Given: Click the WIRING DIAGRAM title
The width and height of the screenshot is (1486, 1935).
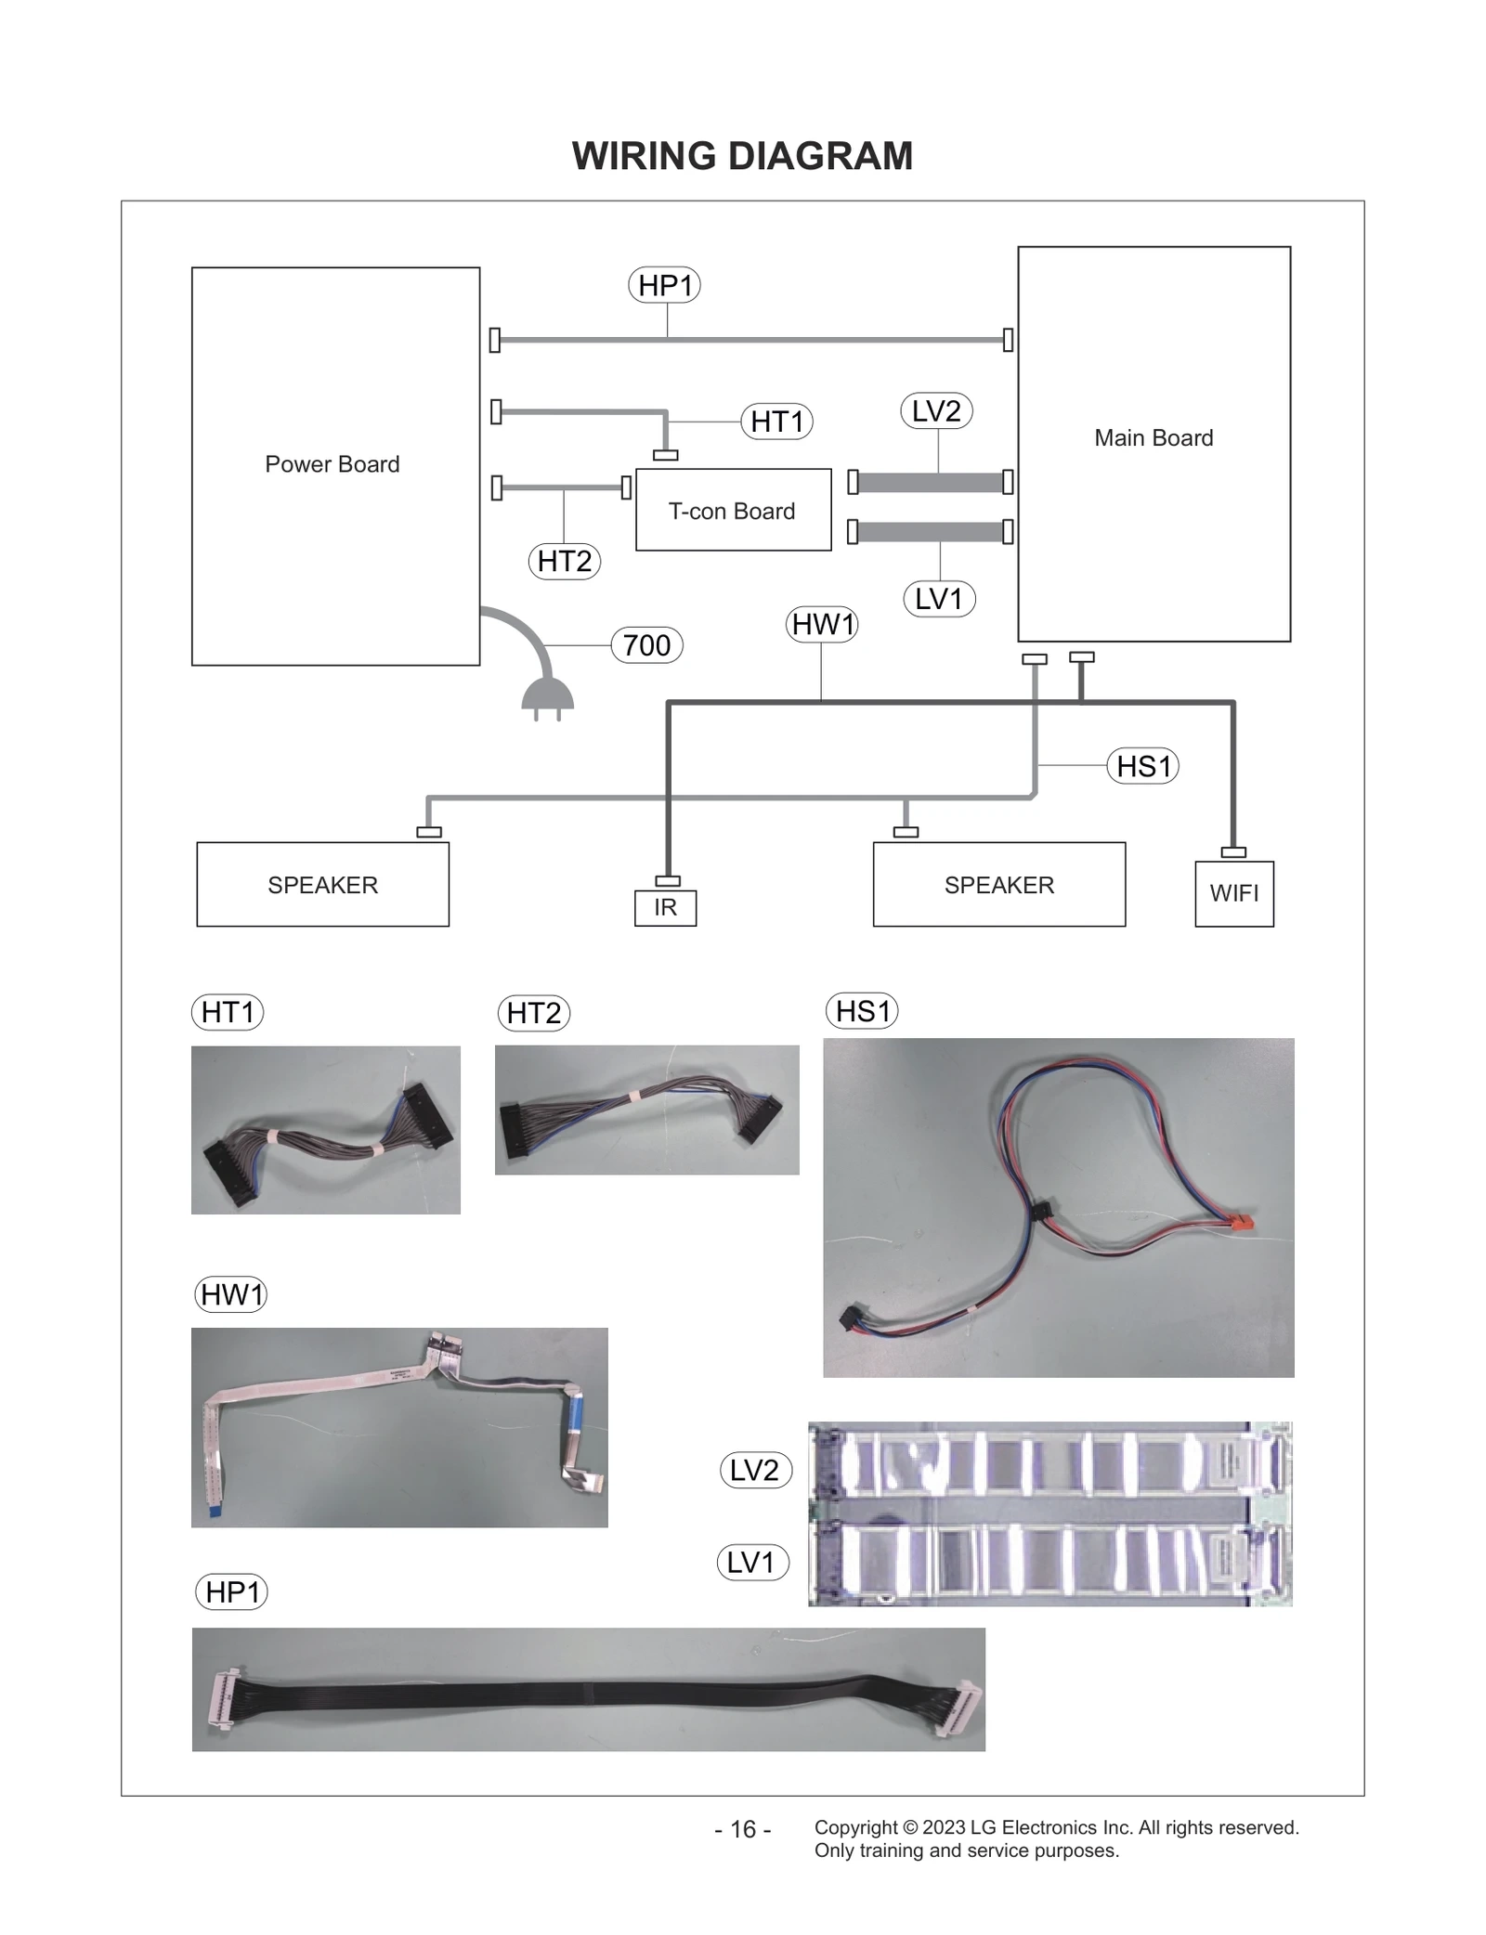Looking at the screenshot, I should [x=742, y=156].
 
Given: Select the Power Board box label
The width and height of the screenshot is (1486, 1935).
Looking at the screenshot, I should [x=332, y=464].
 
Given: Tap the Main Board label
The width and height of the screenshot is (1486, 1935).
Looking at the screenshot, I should [x=1153, y=438].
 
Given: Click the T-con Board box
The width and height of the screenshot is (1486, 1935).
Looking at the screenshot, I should [x=732, y=511].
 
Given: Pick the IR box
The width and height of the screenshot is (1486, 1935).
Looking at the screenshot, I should [x=665, y=907].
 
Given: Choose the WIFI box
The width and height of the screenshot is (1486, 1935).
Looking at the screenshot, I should [x=1233, y=893].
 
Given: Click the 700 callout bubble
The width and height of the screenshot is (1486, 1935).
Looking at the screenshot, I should [x=646, y=645].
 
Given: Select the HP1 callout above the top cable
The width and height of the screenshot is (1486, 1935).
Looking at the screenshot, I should [x=664, y=285].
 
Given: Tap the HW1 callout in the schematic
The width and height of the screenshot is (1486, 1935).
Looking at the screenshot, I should [x=822, y=624].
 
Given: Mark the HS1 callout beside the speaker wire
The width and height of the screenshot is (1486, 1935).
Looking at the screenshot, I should [x=1142, y=766].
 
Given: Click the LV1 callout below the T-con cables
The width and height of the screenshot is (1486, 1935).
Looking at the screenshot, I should [x=938, y=599].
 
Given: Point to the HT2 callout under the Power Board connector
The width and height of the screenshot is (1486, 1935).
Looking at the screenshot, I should [x=564, y=561].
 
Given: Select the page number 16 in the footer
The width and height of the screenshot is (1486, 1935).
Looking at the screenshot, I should [x=742, y=1829].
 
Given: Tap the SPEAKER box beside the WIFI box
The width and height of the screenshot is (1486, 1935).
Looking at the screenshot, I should [x=998, y=885].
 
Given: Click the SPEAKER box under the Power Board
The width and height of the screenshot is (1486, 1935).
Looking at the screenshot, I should [x=322, y=885].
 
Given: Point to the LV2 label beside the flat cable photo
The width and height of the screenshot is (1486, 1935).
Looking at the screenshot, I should [x=755, y=1470].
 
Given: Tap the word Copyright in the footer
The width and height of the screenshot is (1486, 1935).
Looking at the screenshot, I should [x=855, y=1827].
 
